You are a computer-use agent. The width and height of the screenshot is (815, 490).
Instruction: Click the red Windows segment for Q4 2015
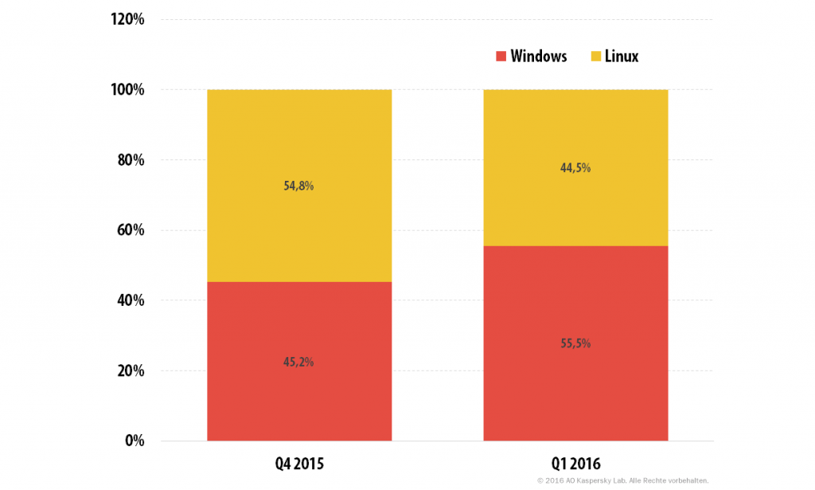[x=299, y=361]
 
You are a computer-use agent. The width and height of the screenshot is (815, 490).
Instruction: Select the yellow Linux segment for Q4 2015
[x=299, y=186]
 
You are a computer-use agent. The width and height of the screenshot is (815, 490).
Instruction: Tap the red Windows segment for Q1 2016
[x=575, y=343]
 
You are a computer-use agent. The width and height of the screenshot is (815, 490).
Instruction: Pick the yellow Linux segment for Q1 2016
[x=575, y=167]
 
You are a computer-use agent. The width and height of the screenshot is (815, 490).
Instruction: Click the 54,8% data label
[x=298, y=186]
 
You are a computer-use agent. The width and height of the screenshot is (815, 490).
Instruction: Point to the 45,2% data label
[x=298, y=362]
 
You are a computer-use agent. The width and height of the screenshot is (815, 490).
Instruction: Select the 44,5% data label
[x=575, y=167]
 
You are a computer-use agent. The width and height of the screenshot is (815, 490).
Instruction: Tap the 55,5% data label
[x=575, y=343]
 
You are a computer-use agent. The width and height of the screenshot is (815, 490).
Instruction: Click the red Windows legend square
[x=501, y=57]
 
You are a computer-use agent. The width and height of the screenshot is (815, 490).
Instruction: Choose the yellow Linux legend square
[x=595, y=57]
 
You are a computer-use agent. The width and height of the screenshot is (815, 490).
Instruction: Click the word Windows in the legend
[x=539, y=57]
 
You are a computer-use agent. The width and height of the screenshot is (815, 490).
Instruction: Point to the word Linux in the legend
[x=622, y=57]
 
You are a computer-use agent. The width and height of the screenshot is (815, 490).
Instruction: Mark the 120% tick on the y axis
[x=127, y=19]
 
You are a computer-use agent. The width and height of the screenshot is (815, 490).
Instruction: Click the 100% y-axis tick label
[x=127, y=89]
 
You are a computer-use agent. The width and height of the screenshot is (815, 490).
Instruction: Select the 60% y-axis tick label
[x=131, y=230]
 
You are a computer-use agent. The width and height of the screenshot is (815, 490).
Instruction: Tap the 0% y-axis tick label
[x=135, y=441]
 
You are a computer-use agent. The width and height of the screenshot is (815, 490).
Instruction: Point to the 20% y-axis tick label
[x=131, y=370]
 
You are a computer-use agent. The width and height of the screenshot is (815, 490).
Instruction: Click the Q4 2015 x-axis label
[x=299, y=464]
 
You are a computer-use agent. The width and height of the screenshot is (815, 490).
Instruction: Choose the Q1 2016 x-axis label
[x=576, y=464]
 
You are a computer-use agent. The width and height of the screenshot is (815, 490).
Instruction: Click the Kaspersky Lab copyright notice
[x=622, y=480]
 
